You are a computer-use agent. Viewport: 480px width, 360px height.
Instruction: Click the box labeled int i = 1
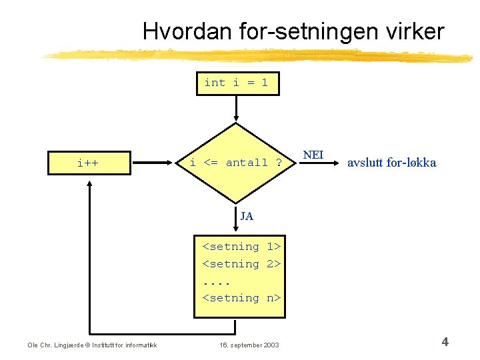[x=237, y=83]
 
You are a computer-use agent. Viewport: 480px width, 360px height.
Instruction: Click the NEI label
[x=313, y=155]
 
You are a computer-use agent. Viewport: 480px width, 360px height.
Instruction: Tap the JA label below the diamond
[x=247, y=217]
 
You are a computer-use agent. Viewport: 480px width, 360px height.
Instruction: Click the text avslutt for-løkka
[x=392, y=163]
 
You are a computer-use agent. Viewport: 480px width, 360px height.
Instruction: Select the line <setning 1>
[x=241, y=247]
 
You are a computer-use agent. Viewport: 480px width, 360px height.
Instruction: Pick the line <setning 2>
[x=241, y=264]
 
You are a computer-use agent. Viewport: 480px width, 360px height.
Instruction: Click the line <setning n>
[x=241, y=298]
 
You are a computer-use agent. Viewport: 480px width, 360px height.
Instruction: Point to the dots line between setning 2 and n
[x=216, y=281]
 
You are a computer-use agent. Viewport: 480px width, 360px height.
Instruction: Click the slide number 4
[x=445, y=343]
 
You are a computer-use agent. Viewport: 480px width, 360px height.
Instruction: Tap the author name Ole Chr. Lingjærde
[x=59, y=345]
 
